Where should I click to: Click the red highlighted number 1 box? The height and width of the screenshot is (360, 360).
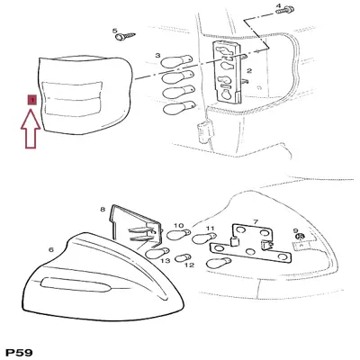click(31, 100)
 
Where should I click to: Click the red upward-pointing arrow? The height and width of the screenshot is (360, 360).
click(31, 129)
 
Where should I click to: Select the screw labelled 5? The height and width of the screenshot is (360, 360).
click(125, 37)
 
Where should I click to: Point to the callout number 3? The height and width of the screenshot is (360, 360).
click(157, 56)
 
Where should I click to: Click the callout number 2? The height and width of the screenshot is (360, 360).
click(249, 71)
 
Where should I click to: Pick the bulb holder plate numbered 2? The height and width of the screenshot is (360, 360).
click(227, 72)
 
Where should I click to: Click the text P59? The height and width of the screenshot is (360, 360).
click(20, 353)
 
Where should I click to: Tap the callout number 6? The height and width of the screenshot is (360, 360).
click(51, 249)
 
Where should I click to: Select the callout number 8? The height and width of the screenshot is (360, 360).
click(103, 209)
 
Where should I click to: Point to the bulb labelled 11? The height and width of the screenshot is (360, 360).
click(204, 238)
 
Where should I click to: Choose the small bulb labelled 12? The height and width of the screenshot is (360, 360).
click(183, 257)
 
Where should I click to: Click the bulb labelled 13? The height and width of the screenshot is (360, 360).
click(157, 254)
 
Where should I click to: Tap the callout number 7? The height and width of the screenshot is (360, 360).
click(256, 222)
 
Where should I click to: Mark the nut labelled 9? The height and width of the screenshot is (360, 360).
click(299, 237)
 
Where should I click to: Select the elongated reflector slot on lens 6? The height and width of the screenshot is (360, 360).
click(76, 284)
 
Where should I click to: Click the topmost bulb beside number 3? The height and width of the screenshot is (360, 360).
click(176, 61)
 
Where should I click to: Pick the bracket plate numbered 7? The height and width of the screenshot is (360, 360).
click(250, 245)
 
